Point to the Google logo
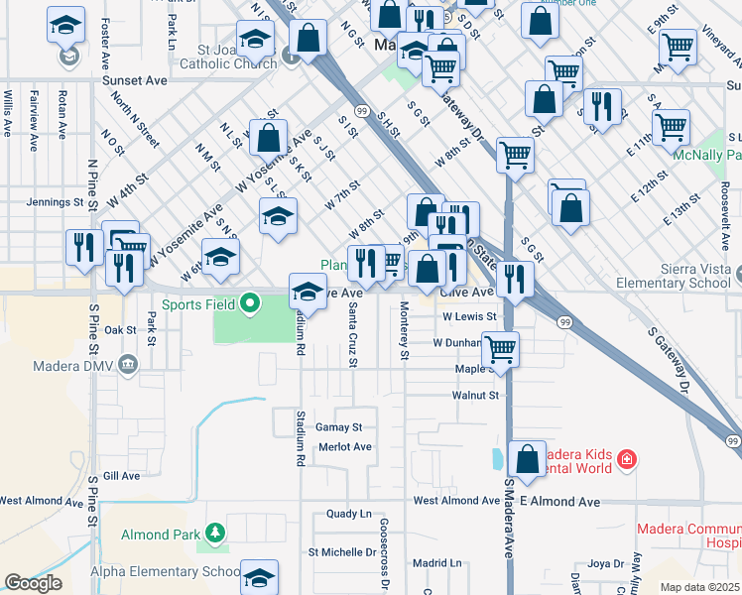33,583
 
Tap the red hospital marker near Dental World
626,459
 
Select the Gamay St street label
339,426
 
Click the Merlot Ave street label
345,447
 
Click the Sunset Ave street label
141,80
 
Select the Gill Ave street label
121,476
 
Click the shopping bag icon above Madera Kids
527,458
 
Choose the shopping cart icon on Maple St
501,349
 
